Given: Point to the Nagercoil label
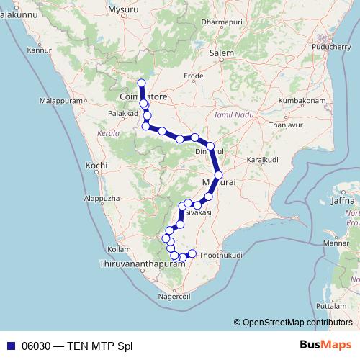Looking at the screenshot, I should [173, 296].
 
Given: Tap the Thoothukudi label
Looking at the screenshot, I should [220, 255].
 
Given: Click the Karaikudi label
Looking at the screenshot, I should [262, 158].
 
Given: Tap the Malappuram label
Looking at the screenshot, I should [61, 102].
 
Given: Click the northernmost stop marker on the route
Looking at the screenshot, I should [141, 83].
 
